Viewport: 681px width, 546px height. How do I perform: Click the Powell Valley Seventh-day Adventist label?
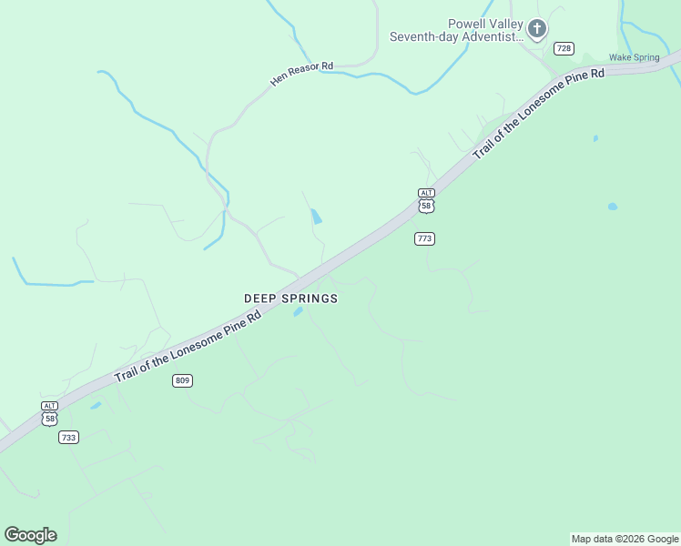pos(457,30)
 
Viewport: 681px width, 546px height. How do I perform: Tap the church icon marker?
pos(537,29)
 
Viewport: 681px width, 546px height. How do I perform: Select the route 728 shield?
pos(564,48)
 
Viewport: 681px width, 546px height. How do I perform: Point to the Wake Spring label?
pos(634,57)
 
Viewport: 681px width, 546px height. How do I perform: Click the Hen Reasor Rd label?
pos(302,74)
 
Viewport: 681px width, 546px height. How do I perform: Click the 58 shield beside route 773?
pos(426,207)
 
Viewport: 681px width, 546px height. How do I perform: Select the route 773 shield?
pos(424,238)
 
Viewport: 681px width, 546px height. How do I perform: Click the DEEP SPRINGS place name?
pos(290,298)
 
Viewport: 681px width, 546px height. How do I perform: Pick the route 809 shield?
pos(182,380)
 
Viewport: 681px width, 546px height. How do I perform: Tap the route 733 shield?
pos(68,438)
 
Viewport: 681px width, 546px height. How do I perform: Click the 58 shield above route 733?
pos(49,419)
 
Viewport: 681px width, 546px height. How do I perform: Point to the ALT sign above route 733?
pos(49,406)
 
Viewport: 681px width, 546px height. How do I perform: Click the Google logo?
pos(30,535)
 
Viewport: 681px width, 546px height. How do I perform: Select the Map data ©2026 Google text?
pos(625,539)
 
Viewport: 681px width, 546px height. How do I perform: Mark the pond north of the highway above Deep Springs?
pos(316,217)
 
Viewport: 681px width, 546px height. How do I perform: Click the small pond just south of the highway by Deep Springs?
pos(298,312)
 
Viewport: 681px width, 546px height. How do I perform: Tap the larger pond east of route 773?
pos(613,207)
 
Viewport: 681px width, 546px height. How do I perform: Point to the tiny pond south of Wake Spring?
pos(595,138)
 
